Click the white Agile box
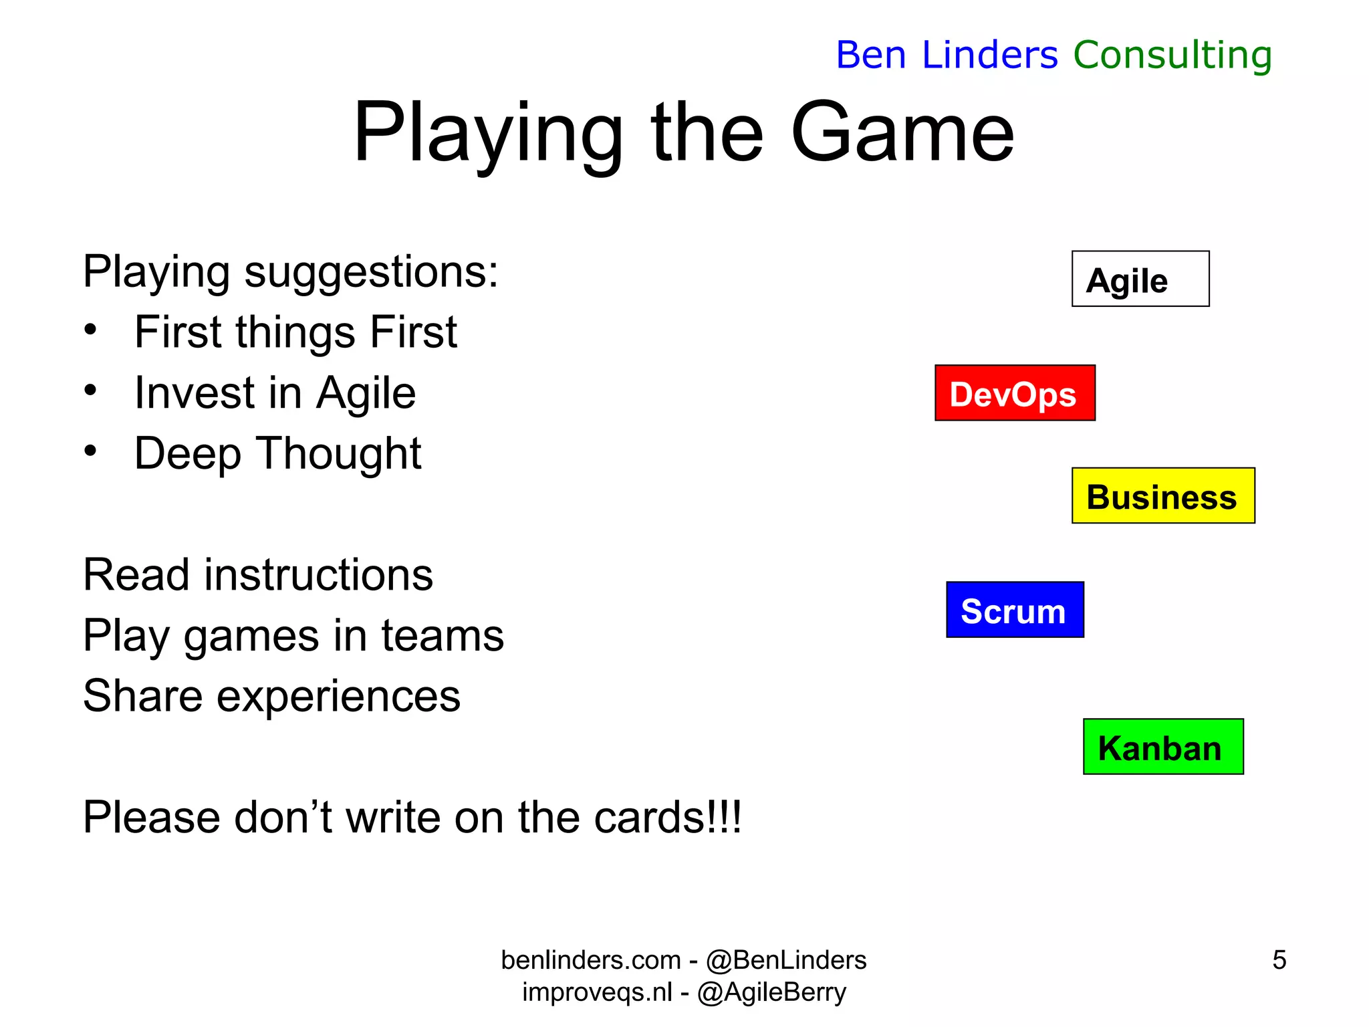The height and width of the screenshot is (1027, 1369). pyautogui.click(x=1140, y=279)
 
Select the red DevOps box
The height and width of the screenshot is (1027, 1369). pyautogui.click(x=1014, y=393)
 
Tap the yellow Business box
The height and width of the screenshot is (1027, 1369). pyautogui.click(x=1162, y=495)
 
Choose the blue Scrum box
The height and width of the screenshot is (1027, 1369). pyautogui.click(x=1014, y=610)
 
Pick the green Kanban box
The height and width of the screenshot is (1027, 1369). pyautogui.click(x=1162, y=747)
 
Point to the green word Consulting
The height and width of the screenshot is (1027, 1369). pyautogui.click(x=1172, y=55)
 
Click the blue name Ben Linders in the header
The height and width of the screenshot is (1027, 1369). pyautogui.click(x=947, y=55)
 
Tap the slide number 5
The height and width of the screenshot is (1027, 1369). pyautogui.click(x=1279, y=959)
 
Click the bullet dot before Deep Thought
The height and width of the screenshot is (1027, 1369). pyautogui.click(x=90, y=451)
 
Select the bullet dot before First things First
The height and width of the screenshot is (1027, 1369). pyautogui.click(x=90, y=330)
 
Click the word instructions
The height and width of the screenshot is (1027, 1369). pyautogui.click(x=318, y=575)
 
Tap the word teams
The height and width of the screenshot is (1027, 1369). pyautogui.click(x=442, y=636)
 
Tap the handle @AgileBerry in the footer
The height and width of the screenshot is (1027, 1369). pyautogui.click(x=771, y=992)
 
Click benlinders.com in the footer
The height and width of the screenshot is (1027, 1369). pyautogui.click(x=591, y=960)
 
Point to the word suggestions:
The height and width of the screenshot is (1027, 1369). pyautogui.click(x=371, y=272)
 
